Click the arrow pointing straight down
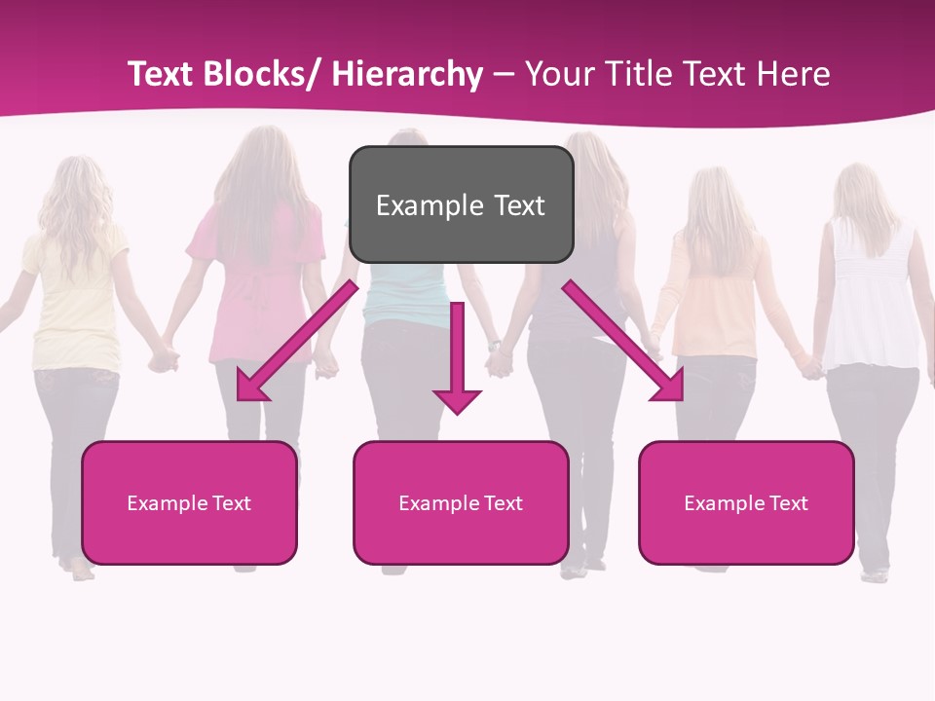pyautogui.click(x=458, y=360)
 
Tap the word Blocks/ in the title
pyautogui.click(x=264, y=74)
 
